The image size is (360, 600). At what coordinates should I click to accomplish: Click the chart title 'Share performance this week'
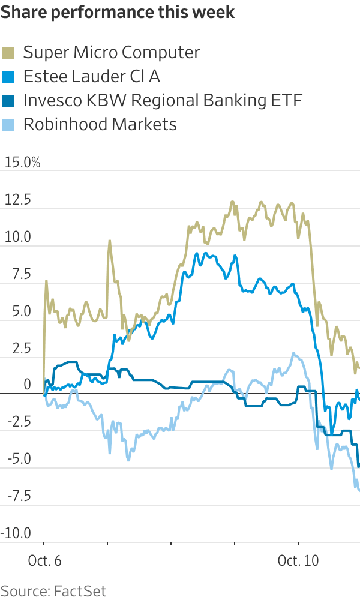pyautogui.click(x=118, y=13)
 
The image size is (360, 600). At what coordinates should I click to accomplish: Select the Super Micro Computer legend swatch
pyautogui.click(x=10, y=53)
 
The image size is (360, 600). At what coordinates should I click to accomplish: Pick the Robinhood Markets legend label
pyautogui.click(x=100, y=124)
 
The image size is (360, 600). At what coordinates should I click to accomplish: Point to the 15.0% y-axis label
pyautogui.click(x=23, y=163)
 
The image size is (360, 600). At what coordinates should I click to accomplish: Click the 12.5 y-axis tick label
pyautogui.click(x=17, y=200)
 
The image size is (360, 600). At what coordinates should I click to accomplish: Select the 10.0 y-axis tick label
pyautogui.click(x=17, y=237)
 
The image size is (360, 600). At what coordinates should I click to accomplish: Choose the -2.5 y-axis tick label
pyautogui.click(x=16, y=422)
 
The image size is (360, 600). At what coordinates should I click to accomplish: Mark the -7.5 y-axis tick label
pyautogui.click(x=16, y=496)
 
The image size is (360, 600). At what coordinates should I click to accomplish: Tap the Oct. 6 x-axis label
pyautogui.click(x=45, y=561)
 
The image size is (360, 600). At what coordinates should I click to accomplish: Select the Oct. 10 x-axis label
pyautogui.click(x=298, y=561)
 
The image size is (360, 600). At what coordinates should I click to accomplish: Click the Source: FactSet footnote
pyautogui.click(x=53, y=590)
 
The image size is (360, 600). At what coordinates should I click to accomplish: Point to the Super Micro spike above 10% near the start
pyautogui.click(x=110, y=241)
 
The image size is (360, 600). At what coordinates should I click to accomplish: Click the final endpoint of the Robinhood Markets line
pyautogui.click(x=359, y=491)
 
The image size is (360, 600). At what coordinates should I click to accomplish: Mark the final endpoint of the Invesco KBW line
pyautogui.click(x=359, y=466)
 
